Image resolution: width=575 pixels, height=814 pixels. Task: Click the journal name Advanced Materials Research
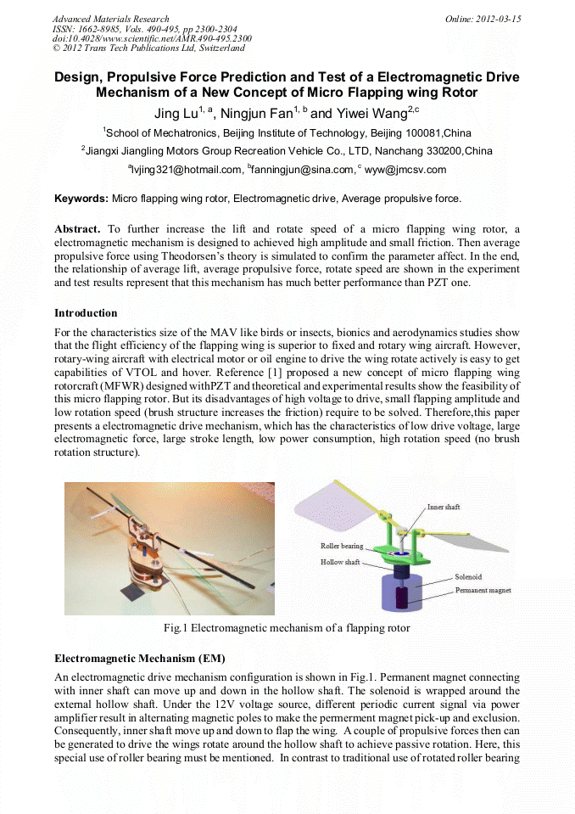[110, 19]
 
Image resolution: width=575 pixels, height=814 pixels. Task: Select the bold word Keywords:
[81, 199]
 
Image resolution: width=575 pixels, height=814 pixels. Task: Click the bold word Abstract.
[77, 229]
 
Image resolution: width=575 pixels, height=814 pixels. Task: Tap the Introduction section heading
[86, 313]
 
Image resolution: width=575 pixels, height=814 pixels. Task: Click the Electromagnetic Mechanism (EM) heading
[140, 659]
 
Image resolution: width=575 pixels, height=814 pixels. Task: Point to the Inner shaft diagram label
[443, 507]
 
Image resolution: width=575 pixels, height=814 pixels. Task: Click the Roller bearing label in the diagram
[341, 546]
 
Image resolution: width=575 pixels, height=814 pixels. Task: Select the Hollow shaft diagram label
[339, 562]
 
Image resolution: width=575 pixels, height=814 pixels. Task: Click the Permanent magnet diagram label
[483, 589]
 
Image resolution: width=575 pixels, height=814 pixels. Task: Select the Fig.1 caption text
[287, 629]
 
